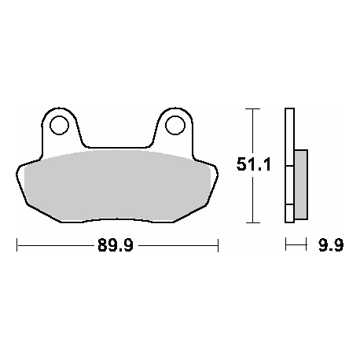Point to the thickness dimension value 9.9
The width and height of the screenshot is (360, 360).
(x=331, y=246)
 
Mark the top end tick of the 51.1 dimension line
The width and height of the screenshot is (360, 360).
(x=252, y=109)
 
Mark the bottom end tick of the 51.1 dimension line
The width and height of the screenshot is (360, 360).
(x=252, y=222)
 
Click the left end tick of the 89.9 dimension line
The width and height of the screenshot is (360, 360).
(x=17, y=245)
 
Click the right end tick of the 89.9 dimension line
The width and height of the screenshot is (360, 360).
(x=218, y=245)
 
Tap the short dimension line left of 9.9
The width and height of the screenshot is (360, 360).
(x=296, y=245)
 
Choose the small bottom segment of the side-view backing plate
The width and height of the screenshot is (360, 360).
(x=288, y=213)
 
